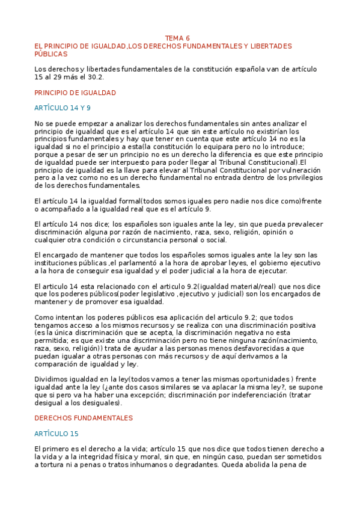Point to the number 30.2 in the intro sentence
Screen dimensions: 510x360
click(95, 77)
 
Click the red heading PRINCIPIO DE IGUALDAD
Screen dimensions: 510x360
click(75, 93)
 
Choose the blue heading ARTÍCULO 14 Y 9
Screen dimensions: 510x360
click(63, 108)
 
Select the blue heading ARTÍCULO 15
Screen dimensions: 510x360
click(56, 433)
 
